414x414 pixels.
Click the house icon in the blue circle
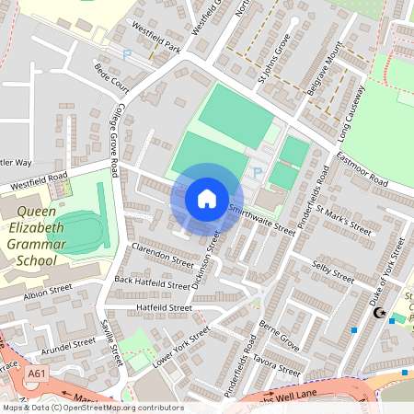[207, 198]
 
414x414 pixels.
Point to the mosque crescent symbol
[377, 314]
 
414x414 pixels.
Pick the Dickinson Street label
[205, 267]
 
